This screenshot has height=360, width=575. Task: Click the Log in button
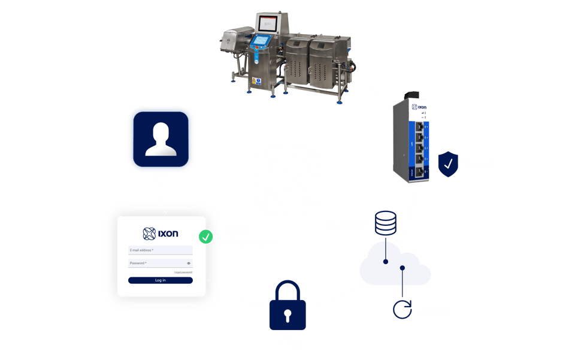(160, 280)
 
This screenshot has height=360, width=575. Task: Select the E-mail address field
(160, 250)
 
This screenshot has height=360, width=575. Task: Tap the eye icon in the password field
(189, 263)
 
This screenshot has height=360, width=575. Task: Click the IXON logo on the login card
(160, 233)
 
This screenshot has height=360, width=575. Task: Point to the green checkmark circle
(206, 237)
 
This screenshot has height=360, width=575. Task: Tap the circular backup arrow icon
(402, 309)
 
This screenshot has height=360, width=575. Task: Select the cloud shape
(395, 267)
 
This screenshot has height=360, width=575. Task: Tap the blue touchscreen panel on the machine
(260, 43)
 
